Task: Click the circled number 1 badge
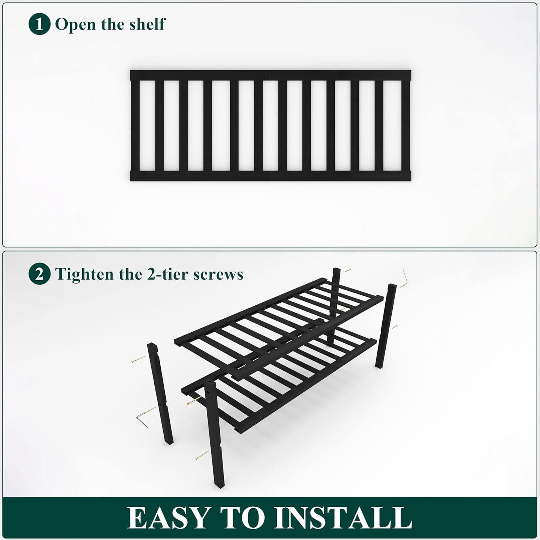39,24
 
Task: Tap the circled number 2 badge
39,274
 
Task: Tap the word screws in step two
218,275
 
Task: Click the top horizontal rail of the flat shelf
270,75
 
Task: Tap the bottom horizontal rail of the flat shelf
270,176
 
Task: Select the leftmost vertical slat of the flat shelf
135,125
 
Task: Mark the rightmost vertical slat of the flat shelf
406,125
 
